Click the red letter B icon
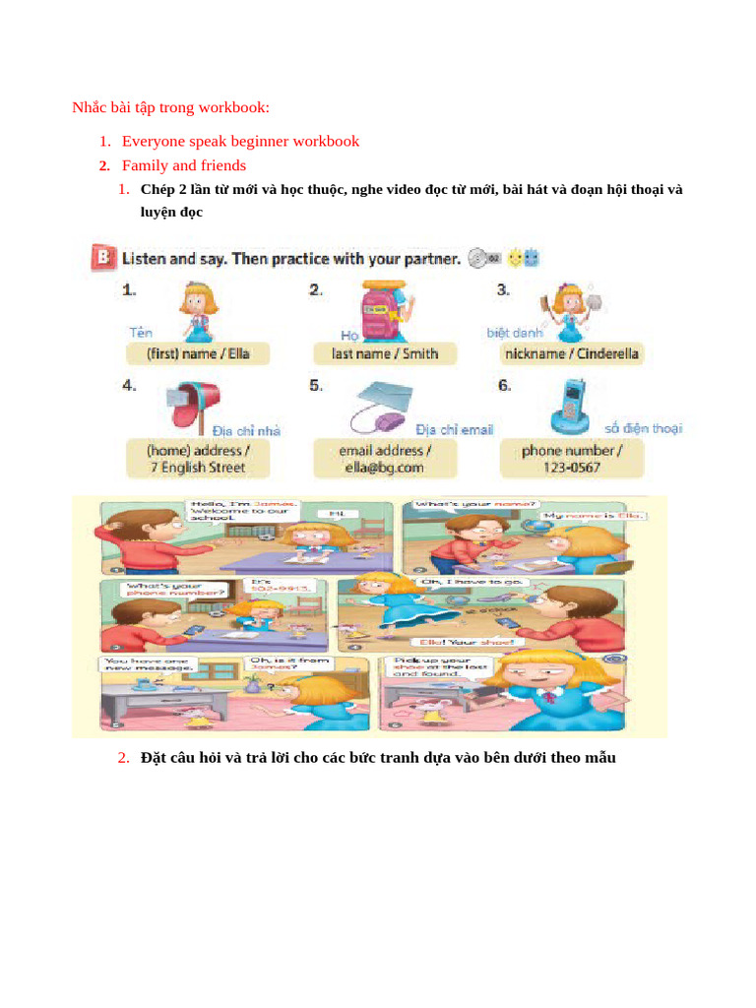101,259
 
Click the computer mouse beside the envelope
391,421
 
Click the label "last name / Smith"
385,353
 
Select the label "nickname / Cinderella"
571,353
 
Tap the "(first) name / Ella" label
198,353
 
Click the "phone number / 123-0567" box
571,459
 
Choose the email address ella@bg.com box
385,459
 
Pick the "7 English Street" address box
198,459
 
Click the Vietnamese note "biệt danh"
514,333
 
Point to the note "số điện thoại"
643,428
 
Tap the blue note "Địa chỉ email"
454,429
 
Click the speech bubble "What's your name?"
476,505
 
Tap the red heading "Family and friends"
184,165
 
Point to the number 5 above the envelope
315,386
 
